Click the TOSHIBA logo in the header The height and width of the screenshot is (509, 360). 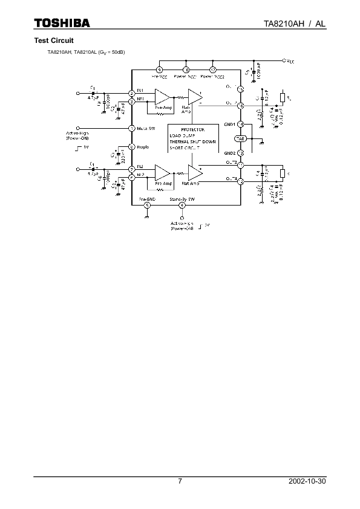pyautogui.click(x=61, y=23)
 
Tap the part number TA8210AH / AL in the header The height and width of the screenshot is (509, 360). pyautogui.click(x=295, y=23)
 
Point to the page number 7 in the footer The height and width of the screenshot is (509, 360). pyautogui.click(x=180, y=481)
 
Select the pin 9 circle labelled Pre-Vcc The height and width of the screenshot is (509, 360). pyautogui.click(x=159, y=71)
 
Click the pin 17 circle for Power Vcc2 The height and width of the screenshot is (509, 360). pyautogui.click(x=212, y=71)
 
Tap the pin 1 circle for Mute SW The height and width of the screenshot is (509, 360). pyautogui.click(x=132, y=128)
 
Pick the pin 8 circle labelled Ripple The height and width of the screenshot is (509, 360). pyautogui.click(x=132, y=146)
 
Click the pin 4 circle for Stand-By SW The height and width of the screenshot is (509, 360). pyautogui.click(x=182, y=205)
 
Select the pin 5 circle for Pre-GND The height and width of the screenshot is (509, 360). pyautogui.click(x=148, y=205)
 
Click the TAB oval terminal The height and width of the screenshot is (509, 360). pyautogui.click(x=240, y=139)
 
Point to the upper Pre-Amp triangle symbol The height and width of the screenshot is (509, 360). pyautogui.click(x=162, y=97)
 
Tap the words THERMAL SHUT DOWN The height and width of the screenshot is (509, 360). pyautogui.click(x=192, y=141)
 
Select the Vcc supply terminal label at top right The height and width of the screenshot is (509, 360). pyautogui.click(x=291, y=61)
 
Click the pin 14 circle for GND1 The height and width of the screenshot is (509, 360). pyautogui.click(x=240, y=125)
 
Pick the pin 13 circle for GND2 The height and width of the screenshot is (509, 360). pyautogui.click(x=240, y=153)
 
